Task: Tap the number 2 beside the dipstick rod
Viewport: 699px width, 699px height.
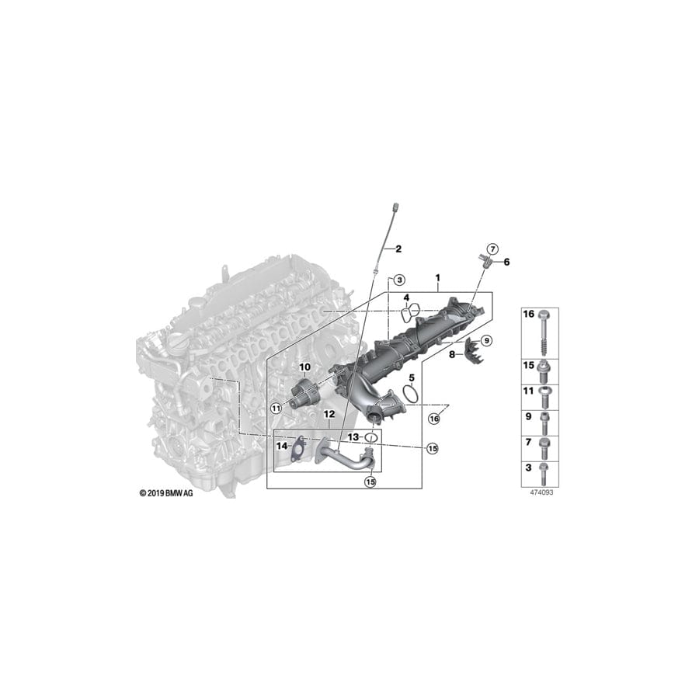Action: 398,249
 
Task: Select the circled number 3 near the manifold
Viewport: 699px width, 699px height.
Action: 398,279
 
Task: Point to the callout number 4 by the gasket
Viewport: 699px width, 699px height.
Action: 406,298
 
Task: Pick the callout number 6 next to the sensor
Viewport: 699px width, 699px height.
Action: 507,262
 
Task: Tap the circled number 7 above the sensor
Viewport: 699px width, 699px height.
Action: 492,248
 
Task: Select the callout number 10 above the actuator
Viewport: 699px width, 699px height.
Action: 305,366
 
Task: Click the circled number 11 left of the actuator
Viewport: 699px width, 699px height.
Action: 275,407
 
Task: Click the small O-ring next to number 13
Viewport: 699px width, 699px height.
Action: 371,438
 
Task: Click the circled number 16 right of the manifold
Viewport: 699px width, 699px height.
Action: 433,418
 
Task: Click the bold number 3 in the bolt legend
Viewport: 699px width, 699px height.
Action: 529,469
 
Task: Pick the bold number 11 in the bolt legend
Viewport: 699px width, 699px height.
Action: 529,391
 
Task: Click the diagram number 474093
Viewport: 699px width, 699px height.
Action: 537,492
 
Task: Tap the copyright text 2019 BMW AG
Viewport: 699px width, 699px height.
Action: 166,492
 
